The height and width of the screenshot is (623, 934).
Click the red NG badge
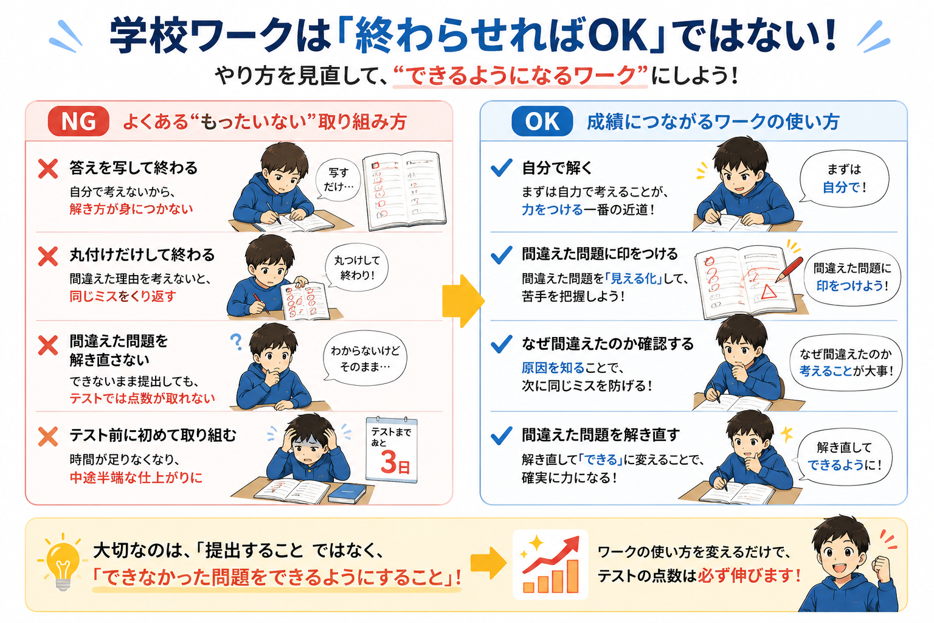(78, 122)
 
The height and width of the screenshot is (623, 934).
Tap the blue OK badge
(542, 122)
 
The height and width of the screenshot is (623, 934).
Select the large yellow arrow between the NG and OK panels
(463, 301)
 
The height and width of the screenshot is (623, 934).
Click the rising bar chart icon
(550, 565)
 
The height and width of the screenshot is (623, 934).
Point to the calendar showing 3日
(391, 450)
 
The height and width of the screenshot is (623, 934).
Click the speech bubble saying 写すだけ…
(338, 179)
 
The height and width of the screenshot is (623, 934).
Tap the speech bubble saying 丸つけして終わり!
(356, 268)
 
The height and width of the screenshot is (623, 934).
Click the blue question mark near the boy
(236, 341)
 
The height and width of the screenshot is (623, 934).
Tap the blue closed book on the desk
(347, 493)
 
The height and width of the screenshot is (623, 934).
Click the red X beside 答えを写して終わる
(48, 169)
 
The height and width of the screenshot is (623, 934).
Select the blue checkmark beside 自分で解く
(501, 168)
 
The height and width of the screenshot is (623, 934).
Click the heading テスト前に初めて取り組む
(153, 435)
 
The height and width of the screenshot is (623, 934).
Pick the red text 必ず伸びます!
(749, 576)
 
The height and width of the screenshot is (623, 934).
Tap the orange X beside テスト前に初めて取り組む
(48, 436)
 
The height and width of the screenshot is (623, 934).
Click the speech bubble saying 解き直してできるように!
(844, 456)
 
